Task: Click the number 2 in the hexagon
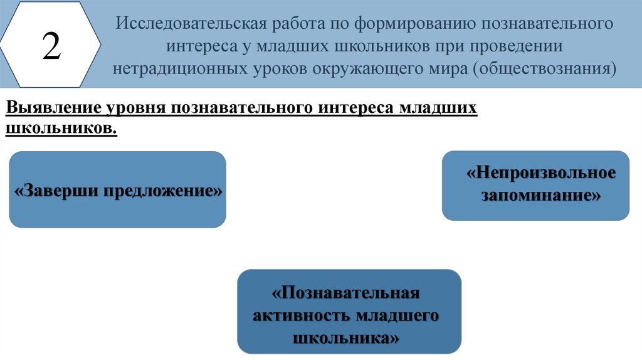(51, 47)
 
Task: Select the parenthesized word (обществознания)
(544, 68)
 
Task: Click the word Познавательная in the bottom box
(345, 293)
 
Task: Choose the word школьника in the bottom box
(345, 338)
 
